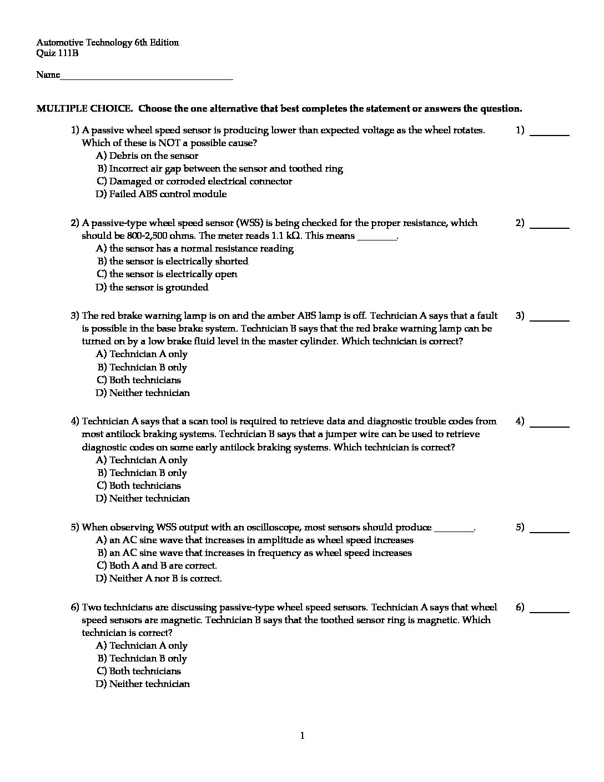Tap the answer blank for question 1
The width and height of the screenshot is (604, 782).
(550, 134)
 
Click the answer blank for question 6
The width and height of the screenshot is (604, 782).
(550, 611)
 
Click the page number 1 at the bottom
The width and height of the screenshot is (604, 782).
(302, 736)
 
